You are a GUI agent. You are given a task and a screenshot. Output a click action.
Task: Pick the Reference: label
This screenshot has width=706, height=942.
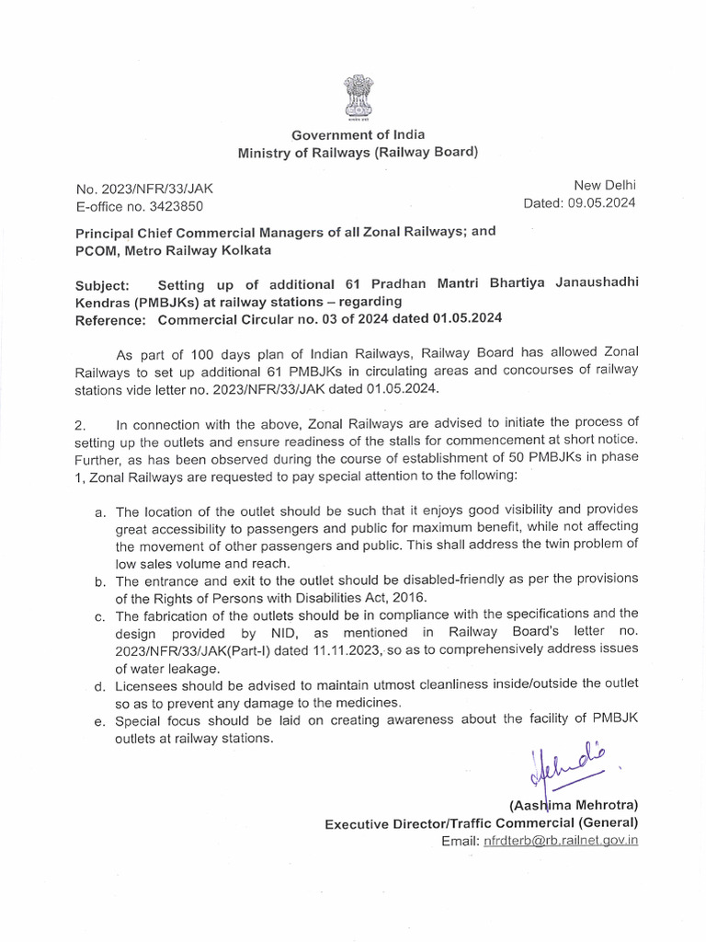[x=110, y=319]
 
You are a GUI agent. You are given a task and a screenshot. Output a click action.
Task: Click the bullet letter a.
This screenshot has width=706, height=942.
[x=99, y=511]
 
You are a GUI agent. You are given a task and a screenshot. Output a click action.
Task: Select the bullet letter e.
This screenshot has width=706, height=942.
[x=99, y=720]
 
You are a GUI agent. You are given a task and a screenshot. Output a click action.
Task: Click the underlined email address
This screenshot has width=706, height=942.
[x=561, y=840]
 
